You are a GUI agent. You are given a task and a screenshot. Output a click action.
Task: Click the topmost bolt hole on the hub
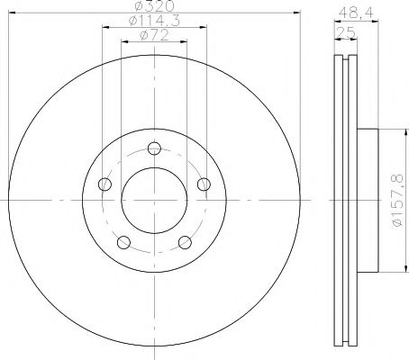click(154, 148)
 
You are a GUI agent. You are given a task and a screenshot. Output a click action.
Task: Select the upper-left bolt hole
click(105, 185)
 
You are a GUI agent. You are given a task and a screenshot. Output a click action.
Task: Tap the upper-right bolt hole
click(204, 185)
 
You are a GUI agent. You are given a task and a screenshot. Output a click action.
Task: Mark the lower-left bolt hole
click(123, 243)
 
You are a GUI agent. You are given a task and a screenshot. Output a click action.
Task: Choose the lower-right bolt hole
click(185, 243)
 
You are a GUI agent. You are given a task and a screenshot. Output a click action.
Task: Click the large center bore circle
click(154, 200)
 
